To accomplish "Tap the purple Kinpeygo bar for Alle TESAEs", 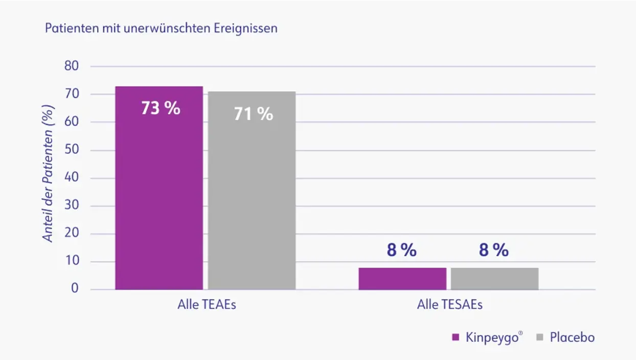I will click(402, 279).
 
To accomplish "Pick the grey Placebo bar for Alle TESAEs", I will click(494, 279).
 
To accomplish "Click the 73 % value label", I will click(161, 108).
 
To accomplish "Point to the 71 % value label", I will click(253, 114).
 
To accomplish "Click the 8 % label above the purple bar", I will click(402, 251).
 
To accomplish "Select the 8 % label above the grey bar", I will click(494, 251).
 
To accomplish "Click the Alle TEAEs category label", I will click(207, 305).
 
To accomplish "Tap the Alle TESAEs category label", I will click(449, 305).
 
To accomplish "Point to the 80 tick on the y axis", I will click(71, 66).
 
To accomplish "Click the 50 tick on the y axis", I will click(71, 150).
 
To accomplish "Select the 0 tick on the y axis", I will click(75, 289).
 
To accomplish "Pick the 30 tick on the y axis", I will click(71, 206).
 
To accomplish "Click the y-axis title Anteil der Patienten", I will click(48, 174).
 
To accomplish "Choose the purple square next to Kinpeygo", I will click(456, 337).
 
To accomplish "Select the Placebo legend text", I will click(572, 337).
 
